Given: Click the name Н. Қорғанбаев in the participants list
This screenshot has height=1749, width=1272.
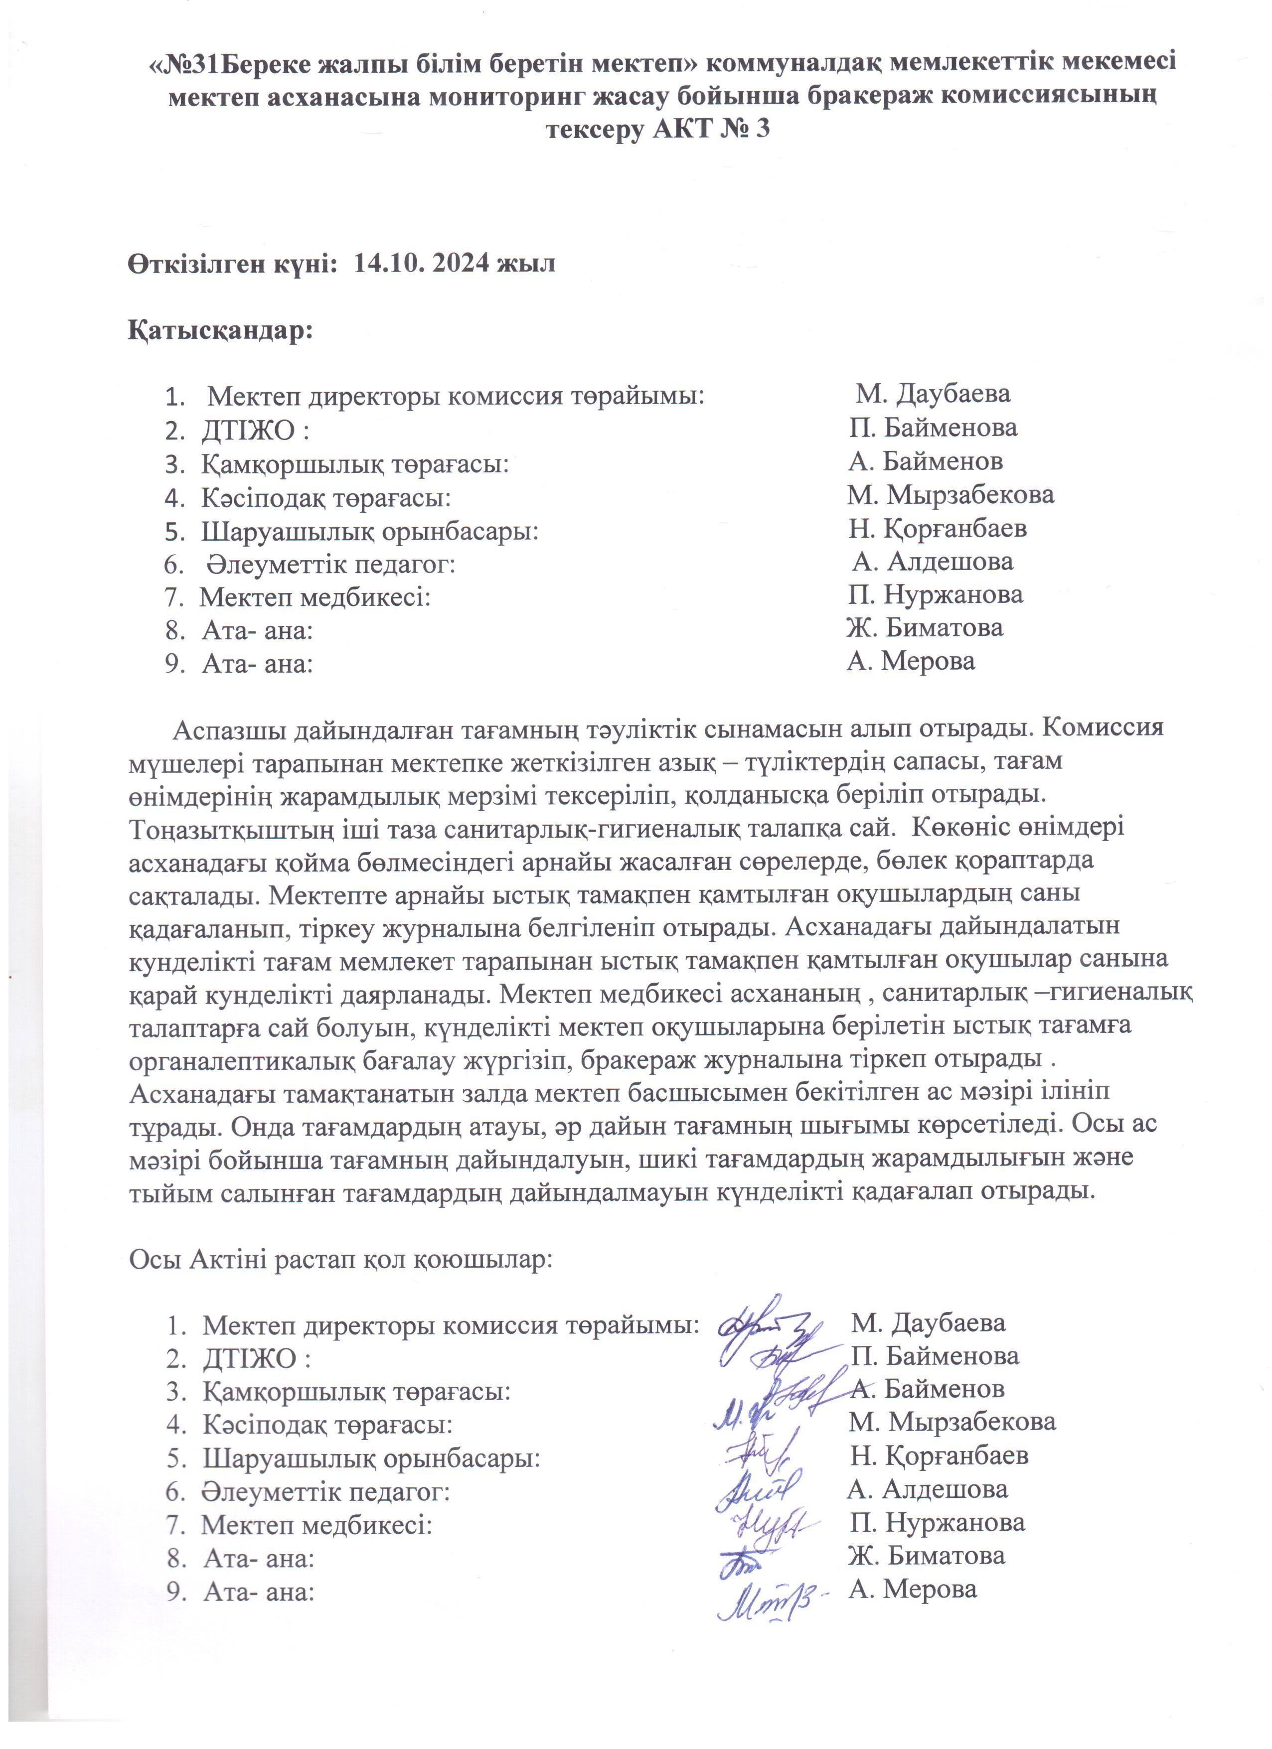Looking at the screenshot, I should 937,529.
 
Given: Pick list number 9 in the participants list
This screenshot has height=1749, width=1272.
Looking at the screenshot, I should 171,663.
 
